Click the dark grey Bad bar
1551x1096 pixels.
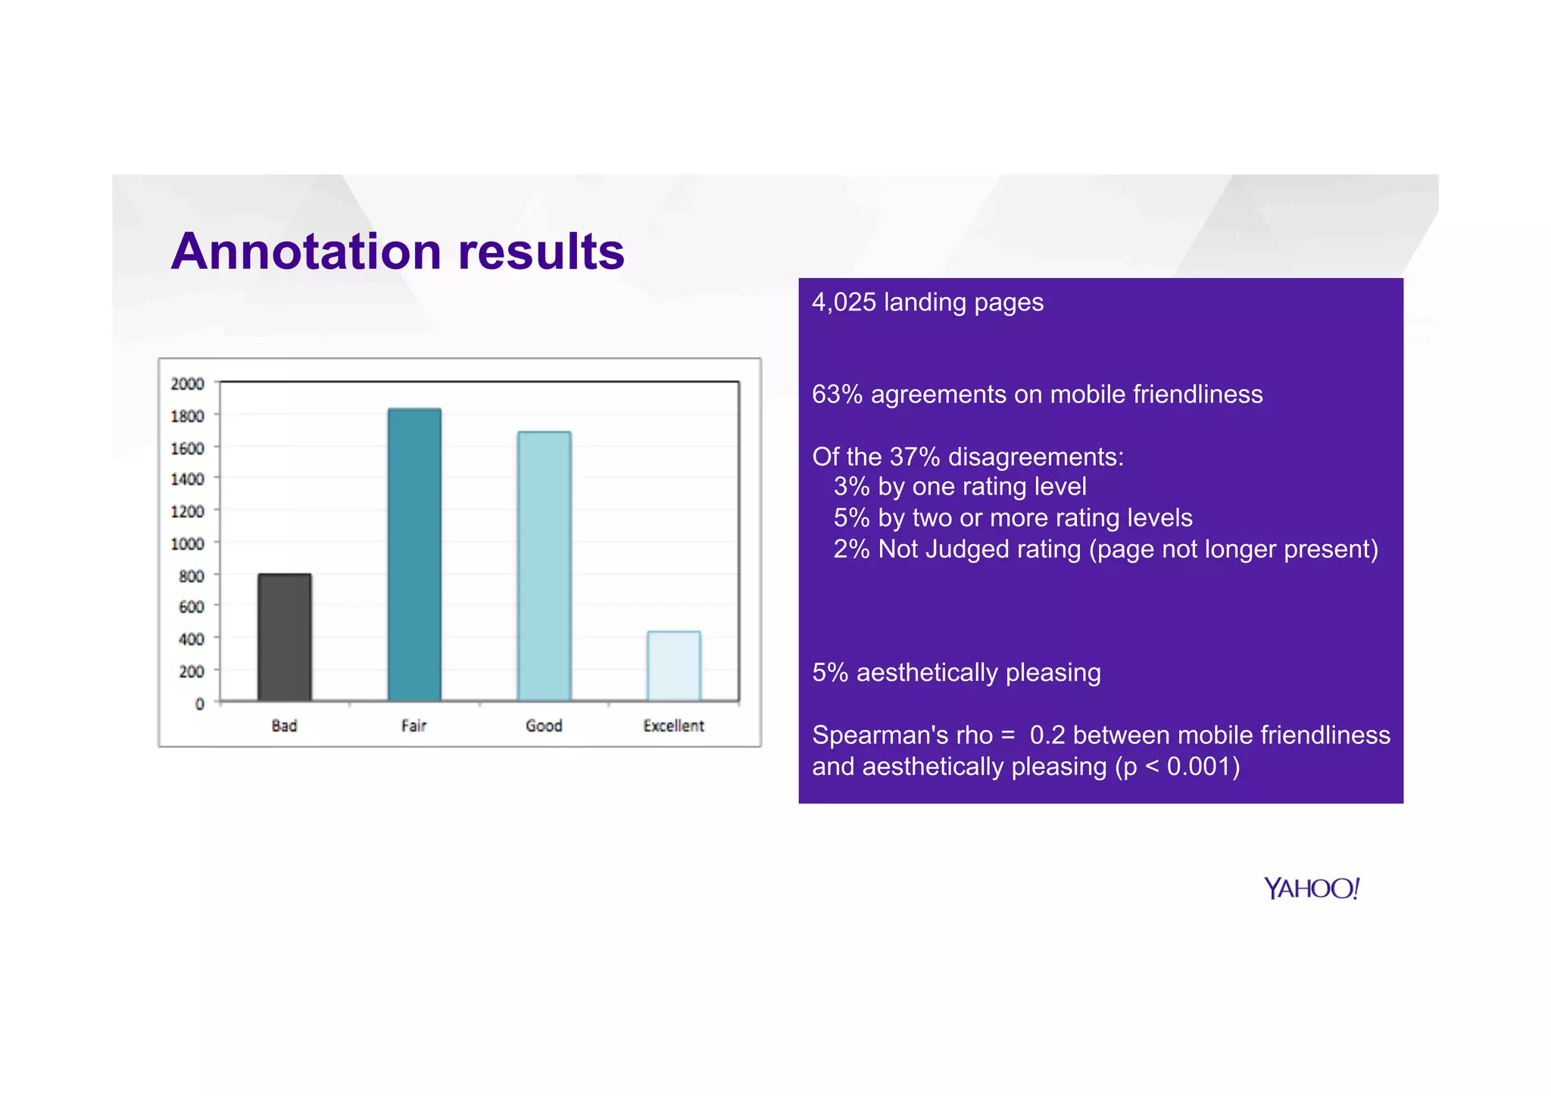[x=284, y=637]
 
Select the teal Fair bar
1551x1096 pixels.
[x=414, y=554]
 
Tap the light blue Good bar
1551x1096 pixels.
[x=544, y=566]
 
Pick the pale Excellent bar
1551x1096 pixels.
[x=673, y=666]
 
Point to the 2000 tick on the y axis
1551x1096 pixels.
[x=187, y=384]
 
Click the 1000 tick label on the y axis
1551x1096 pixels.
[x=187, y=544]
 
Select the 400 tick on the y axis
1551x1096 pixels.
[x=191, y=639]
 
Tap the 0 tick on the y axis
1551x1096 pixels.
[x=199, y=704]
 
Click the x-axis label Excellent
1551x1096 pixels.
[x=673, y=726]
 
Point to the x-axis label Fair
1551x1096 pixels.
[x=413, y=726]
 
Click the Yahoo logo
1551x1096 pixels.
[x=1312, y=888]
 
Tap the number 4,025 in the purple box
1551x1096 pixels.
[x=844, y=302]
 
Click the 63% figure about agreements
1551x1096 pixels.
[x=837, y=395]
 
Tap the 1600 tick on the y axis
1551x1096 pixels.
[x=187, y=448]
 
